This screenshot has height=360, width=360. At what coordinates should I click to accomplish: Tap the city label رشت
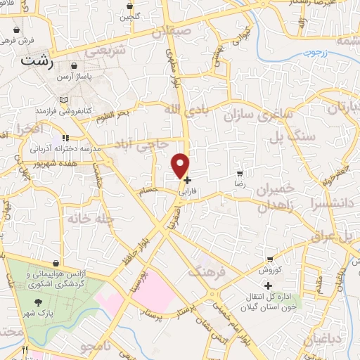38,60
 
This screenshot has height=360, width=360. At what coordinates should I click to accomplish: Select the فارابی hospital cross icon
187,180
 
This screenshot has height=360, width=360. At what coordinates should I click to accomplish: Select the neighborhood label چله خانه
91,219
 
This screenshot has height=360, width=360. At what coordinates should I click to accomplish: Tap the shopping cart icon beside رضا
240,172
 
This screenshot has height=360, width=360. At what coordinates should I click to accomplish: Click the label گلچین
129,15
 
